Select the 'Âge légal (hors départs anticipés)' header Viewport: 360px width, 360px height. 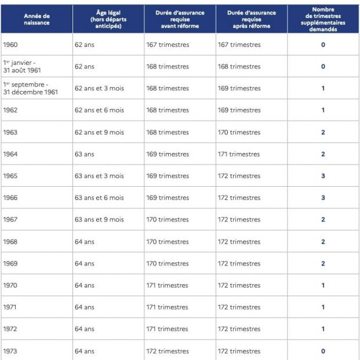pyautogui.click(x=108, y=19)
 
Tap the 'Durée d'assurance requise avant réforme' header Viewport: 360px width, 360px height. pyautogui.click(x=180, y=19)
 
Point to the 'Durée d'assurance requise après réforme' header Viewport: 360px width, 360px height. pyautogui.click(x=252, y=19)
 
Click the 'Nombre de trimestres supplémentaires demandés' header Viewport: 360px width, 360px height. pyautogui.click(x=323, y=19)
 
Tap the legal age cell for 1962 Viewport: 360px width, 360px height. pyautogui.click(x=99, y=110)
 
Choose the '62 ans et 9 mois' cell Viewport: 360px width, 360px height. pyautogui.click(x=99, y=132)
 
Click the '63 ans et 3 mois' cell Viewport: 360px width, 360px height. pyautogui.click(x=99, y=176)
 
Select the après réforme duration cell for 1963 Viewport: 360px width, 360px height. pyautogui.click(x=239, y=132)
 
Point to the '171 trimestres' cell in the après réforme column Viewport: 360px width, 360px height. pyautogui.click(x=239, y=154)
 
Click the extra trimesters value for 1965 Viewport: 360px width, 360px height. pyautogui.click(x=323, y=176)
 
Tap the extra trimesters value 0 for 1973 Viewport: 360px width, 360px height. pyautogui.click(x=323, y=351)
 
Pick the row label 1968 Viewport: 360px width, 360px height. pyautogui.click(x=10, y=242)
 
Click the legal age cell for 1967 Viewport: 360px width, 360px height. pyautogui.click(x=99, y=220)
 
